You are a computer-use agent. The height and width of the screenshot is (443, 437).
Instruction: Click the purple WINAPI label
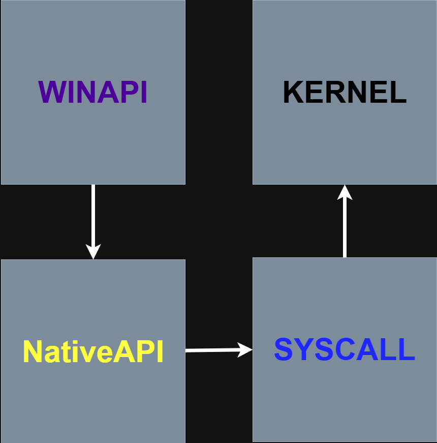[x=92, y=92]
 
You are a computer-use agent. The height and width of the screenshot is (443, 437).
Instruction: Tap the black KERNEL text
[x=345, y=92]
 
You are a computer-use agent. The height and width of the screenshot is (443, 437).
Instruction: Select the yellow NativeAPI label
[x=93, y=351]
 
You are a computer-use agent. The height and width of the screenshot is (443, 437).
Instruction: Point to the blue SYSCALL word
[x=345, y=349]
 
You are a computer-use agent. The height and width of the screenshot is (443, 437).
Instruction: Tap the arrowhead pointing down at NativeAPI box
[x=93, y=252]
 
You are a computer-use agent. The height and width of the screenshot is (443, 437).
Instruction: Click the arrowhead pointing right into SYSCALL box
[x=245, y=350]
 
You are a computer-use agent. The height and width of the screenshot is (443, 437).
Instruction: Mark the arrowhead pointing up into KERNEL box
[x=345, y=192]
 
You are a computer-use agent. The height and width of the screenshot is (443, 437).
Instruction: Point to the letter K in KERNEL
[x=293, y=92]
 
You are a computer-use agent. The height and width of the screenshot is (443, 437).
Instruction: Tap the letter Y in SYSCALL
[x=304, y=349]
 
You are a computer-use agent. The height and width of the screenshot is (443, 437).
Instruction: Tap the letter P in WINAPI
[x=131, y=92]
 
